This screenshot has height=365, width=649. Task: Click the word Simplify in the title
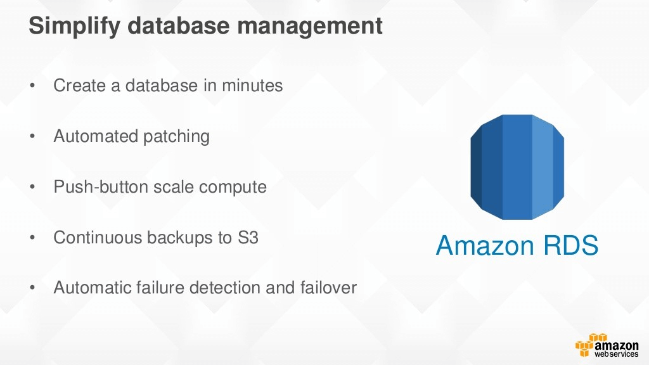pos(75,26)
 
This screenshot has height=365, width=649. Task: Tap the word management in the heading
pos(309,25)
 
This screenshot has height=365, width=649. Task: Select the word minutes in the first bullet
pos(252,86)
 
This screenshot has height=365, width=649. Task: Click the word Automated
pos(95,136)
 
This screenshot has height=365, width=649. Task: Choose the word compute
pos(233,188)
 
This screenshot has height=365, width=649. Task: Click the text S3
pos(248,238)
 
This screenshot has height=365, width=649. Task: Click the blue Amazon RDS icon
pos(517,167)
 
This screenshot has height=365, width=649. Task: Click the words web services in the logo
pos(616,354)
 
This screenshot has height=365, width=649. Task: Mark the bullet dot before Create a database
pos(33,86)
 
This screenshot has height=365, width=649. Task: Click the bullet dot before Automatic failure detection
pos(33,288)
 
